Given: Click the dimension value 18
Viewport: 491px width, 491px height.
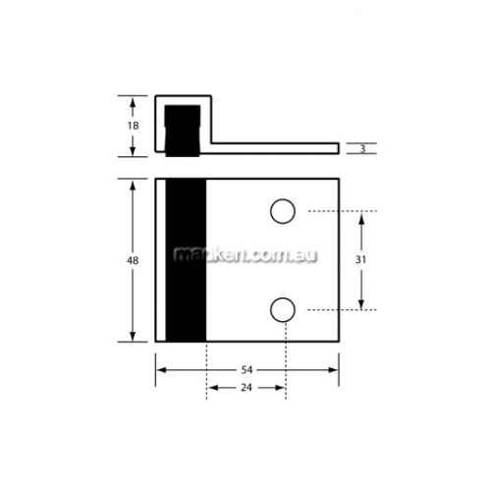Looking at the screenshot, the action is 134,126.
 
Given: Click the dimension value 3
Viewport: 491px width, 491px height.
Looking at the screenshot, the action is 362,149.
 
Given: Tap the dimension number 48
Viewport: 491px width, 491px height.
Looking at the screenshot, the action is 133,260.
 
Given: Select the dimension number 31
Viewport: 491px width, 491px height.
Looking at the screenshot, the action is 360,259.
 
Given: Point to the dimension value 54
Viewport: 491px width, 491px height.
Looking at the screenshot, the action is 247,370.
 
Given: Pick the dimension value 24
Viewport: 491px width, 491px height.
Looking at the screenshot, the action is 246,388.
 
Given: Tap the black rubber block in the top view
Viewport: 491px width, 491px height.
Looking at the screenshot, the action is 183,131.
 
